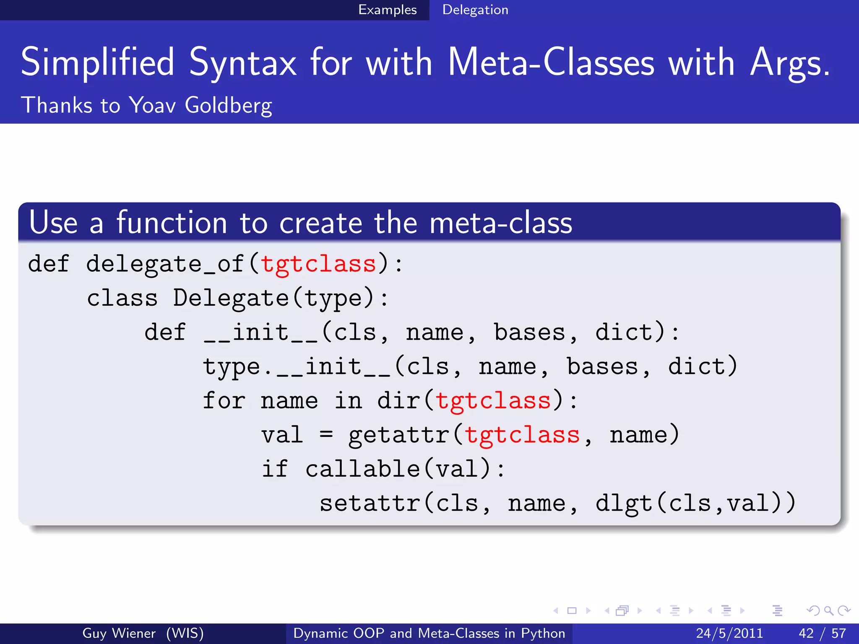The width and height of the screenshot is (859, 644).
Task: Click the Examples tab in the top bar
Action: (x=387, y=10)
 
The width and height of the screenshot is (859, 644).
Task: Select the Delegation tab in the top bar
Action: (x=475, y=10)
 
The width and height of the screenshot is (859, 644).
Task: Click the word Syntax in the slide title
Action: (x=243, y=63)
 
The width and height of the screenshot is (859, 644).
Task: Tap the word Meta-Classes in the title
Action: (x=551, y=63)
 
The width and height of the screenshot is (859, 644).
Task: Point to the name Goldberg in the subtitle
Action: (x=228, y=105)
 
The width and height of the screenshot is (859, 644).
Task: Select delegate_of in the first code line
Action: (x=165, y=264)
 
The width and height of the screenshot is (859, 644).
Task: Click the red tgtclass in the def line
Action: (x=318, y=264)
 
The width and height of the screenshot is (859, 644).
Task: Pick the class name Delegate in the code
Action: (x=231, y=299)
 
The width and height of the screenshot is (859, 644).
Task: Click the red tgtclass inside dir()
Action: (x=493, y=401)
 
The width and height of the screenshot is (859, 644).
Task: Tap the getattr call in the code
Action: (x=399, y=435)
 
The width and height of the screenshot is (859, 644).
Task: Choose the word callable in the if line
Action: (x=362, y=469)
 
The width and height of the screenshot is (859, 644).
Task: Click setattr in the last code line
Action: (x=370, y=504)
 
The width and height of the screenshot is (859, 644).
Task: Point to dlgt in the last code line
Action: (x=624, y=504)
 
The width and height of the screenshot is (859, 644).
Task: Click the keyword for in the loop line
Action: (x=224, y=401)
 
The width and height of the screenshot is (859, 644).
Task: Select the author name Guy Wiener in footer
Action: (x=119, y=633)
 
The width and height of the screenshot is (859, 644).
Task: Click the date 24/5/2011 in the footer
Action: (x=729, y=633)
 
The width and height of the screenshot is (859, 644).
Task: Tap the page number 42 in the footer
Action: (x=806, y=633)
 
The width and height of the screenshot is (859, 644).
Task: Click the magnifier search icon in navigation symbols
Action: (x=828, y=611)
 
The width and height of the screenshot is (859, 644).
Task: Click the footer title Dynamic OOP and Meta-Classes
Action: (x=429, y=633)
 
